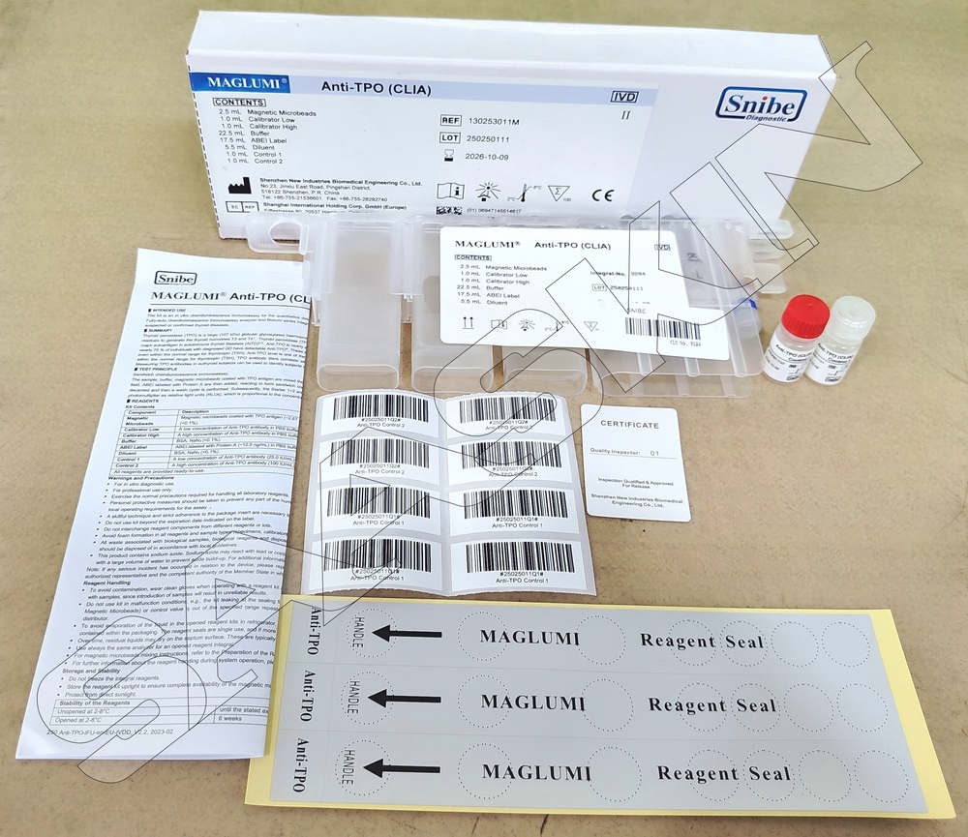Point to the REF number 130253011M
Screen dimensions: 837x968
click(494, 122)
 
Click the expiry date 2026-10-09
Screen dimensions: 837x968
click(489, 157)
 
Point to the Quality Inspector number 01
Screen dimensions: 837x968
click(653, 452)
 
